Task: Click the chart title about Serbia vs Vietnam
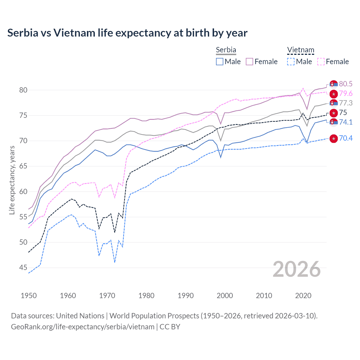[x=127, y=33]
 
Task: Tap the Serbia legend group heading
[x=226, y=50]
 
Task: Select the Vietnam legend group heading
[x=300, y=50]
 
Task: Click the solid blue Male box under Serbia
[x=220, y=62]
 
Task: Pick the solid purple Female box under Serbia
[x=249, y=62]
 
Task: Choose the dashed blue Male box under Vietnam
[x=291, y=62]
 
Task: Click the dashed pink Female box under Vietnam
[x=321, y=62]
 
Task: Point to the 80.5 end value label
[x=346, y=84]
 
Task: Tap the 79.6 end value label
[x=346, y=93]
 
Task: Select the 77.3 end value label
[x=346, y=103]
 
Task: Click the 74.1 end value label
[x=346, y=122]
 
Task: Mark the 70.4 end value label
[x=346, y=138]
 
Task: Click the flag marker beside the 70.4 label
[x=334, y=138]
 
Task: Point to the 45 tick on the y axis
[x=23, y=267]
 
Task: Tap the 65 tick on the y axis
[x=23, y=166]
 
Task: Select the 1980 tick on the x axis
[x=146, y=296]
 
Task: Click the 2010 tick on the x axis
[x=264, y=296]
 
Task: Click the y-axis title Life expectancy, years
[x=12, y=180]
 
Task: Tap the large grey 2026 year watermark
[x=296, y=269]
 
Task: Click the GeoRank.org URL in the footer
[x=83, y=327]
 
